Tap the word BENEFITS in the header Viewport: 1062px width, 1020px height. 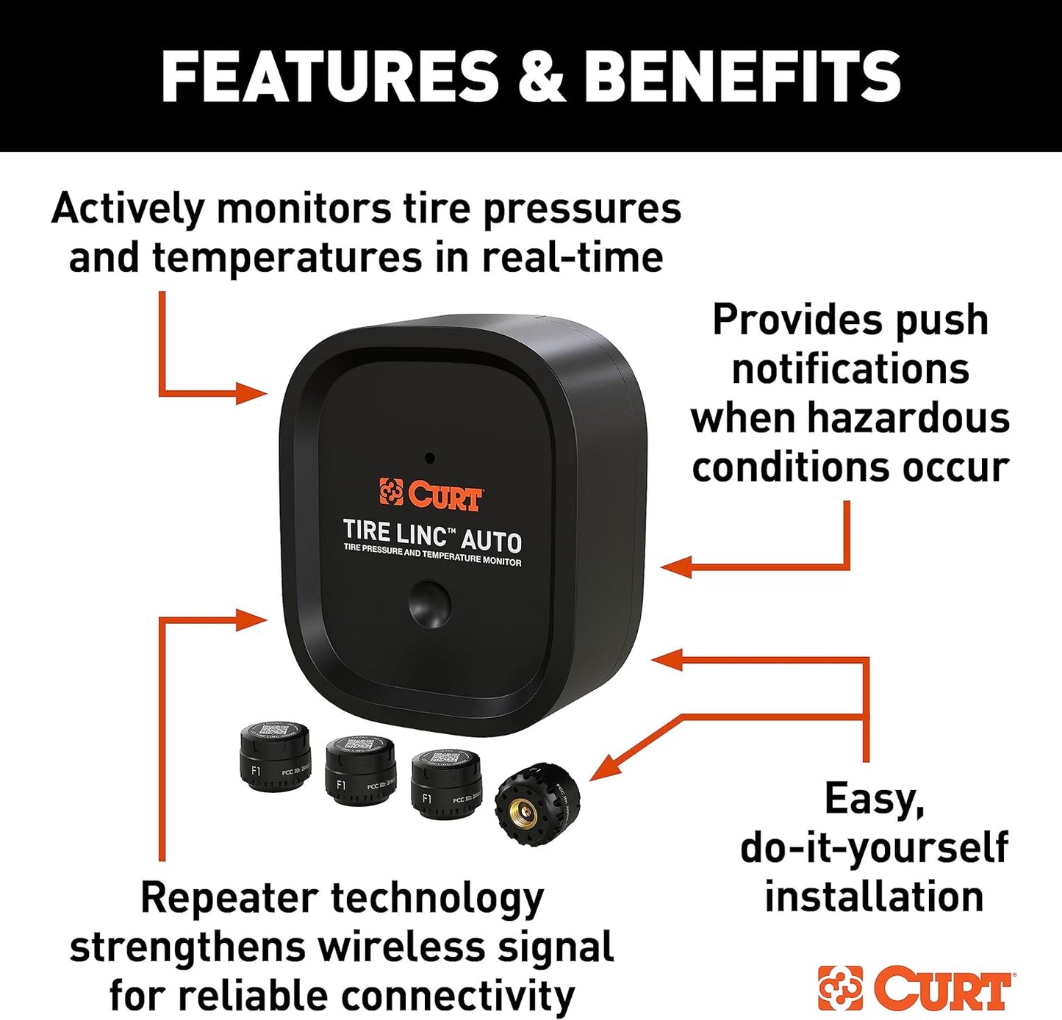point(742,76)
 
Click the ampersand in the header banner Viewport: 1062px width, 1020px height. point(542,76)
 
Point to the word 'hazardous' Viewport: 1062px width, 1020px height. point(908,417)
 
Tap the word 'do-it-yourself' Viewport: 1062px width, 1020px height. point(874,847)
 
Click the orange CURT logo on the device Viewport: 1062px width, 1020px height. point(431,494)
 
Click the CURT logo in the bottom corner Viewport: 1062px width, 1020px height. point(916,988)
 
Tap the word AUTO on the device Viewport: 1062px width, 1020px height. point(491,541)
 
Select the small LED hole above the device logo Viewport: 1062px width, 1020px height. point(429,459)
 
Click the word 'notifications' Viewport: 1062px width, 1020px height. point(850,369)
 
